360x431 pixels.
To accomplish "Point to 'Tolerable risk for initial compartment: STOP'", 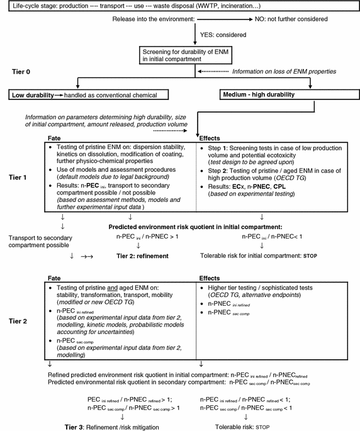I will tap(259, 256).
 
